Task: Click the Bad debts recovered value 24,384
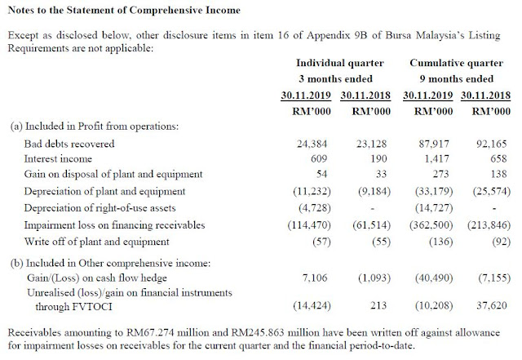(312, 144)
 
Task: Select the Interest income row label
(58, 158)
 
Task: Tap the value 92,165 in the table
(492, 144)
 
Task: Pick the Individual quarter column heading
(340, 63)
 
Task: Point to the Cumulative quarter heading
(457, 63)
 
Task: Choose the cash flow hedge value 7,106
(315, 278)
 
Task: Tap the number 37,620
(492, 305)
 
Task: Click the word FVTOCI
(91, 306)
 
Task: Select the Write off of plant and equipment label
(96, 242)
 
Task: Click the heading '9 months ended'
(457, 79)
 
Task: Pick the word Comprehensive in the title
(166, 10)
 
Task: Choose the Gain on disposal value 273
(440, 174)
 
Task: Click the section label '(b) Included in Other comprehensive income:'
(111, 264)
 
